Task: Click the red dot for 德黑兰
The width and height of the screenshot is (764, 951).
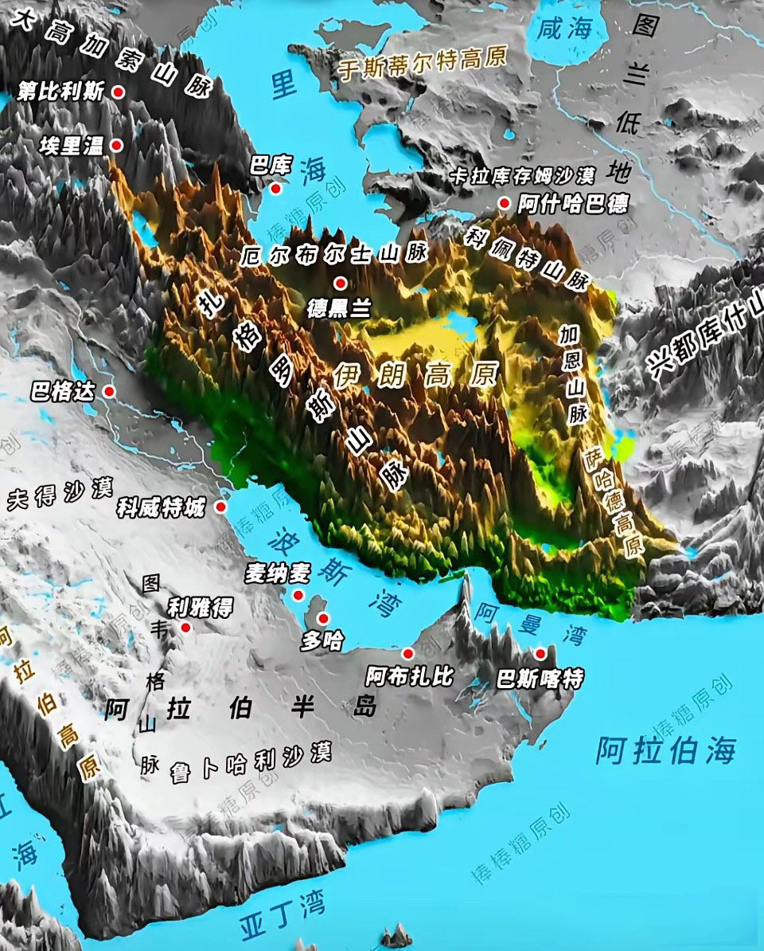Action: click(341, 283)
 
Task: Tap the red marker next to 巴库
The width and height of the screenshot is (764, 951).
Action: click(276, 189)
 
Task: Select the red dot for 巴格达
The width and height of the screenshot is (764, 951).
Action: click(109, 391)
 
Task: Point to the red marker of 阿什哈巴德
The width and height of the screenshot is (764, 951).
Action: click(504, 203)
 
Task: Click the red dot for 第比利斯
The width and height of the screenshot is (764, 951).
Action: click(119, 92)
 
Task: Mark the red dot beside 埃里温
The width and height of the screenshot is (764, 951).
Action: click(116, 145)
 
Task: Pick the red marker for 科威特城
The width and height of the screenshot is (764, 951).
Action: click(221, 507)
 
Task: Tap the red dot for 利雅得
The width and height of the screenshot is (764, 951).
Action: click(186, 628)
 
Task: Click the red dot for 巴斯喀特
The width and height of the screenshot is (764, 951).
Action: click(541, 654)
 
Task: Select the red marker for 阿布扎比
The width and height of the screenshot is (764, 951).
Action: click(408, 654)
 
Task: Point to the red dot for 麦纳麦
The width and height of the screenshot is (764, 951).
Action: click(298, 595)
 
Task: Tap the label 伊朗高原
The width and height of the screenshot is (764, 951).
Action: click(415, 374)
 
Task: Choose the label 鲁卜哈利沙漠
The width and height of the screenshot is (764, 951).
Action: click(251, 762)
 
